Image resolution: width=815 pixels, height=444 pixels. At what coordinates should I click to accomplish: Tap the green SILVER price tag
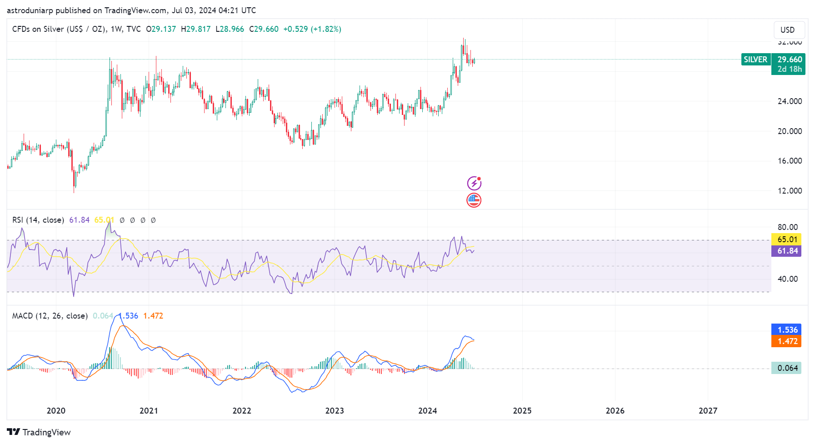pyautogui.click(x=755, y=60)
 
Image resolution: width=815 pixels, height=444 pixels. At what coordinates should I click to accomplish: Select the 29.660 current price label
pyautogui.click(x=790, y=60)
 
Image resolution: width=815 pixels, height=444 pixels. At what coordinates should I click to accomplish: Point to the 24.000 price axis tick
pyautogui.click(x=790, y=101)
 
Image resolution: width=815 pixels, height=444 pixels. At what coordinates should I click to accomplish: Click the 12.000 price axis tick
pyautogui.click(x=790, y=191)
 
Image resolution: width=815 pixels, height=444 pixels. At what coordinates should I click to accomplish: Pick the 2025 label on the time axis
pyautogui.click(x=522, y=411)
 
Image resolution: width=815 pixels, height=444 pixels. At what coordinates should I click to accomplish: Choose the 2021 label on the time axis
pyautogui.click(x=149, y=411)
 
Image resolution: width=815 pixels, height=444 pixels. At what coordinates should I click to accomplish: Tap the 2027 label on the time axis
pyautogui.click(x=708, y=411)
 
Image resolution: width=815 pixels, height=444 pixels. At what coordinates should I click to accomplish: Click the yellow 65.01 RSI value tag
pyautogui.click(x=787, y=239)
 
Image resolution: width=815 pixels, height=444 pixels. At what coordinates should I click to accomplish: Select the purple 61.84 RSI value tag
pyautogui.click(x=787, y=251)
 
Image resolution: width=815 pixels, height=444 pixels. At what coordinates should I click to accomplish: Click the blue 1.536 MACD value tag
pyautogui.click(x=787, y=330)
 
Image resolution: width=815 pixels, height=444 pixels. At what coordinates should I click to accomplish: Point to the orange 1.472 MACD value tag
pyautogui.click(x=787, y=341)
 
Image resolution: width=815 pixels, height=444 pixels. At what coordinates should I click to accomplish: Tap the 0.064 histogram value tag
pyautogui.click(x=787, y=368)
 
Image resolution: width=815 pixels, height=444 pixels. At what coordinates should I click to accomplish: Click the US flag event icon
pyautogui.click(x=474, y=200)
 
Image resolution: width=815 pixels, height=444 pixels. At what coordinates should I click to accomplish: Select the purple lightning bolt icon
pyautogui.click(x=474, y=183)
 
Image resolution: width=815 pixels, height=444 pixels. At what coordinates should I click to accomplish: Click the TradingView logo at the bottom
pyautogui.click(x=39, y=432)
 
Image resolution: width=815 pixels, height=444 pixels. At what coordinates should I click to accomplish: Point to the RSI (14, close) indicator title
pyautogui.click(x=38, y=220)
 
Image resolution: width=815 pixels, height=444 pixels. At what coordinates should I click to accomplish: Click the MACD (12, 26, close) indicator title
pyautogui.click(x=50, y=316)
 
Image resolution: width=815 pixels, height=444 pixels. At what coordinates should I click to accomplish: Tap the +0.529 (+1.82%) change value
pyautogui.click(x=312, y=29)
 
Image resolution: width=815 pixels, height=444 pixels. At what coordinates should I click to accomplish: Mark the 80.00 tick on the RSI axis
pyautogui.click(x=787, y=227)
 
